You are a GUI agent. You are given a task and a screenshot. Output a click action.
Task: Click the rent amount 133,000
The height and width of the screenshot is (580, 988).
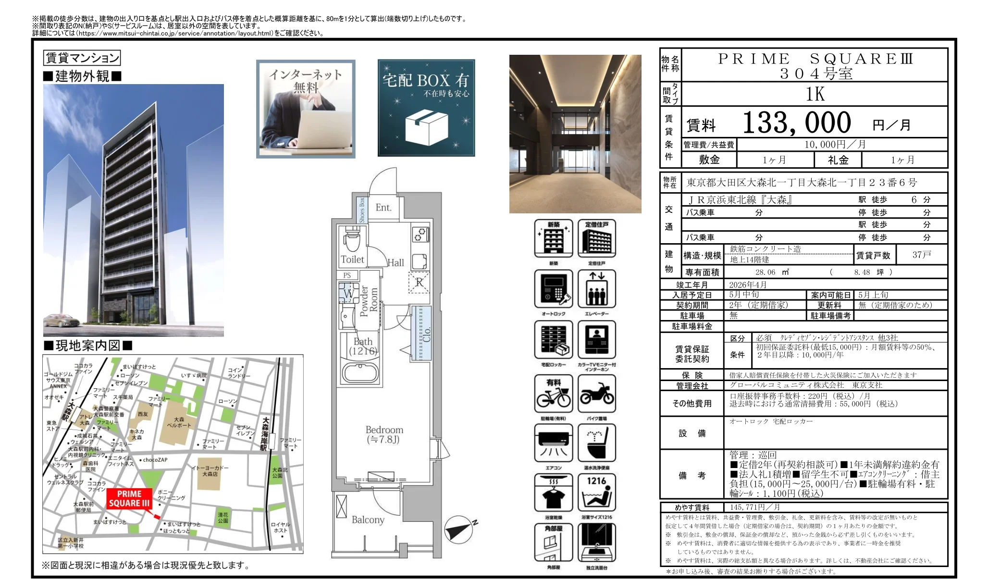click(x=796, y=123)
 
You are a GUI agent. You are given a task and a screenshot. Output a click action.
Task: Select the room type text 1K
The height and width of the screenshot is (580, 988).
click(x=815, y=94)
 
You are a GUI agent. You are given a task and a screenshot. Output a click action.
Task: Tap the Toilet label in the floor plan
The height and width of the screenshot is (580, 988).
click(x=352, y=259)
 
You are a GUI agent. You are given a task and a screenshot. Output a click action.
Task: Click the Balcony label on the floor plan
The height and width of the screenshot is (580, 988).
click(x=368, y=520)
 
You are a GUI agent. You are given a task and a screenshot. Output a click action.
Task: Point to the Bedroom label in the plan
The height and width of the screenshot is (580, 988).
click(x=384, y=434)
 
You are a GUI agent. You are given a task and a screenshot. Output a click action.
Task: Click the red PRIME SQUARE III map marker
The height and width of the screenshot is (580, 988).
click(x=129, y=499)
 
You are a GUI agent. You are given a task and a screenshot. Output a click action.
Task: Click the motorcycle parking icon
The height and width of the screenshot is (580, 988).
click(x=596, y=394)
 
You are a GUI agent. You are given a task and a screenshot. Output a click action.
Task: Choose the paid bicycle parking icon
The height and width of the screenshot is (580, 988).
click(x=554, y=394)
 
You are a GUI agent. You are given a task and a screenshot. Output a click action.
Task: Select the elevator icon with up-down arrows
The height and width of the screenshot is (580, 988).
click(x=596, y=289)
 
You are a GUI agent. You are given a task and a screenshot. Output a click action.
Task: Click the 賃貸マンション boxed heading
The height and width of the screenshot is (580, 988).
click(x=82, y=58)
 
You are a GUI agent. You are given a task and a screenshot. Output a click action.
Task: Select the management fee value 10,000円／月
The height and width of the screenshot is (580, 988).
click(x=835, y=144)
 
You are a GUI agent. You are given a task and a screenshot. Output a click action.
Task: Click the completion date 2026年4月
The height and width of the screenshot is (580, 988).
click(x=748, y=284)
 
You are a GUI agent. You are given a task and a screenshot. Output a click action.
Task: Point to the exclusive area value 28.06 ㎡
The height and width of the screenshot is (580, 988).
click(x=772, y=272)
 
